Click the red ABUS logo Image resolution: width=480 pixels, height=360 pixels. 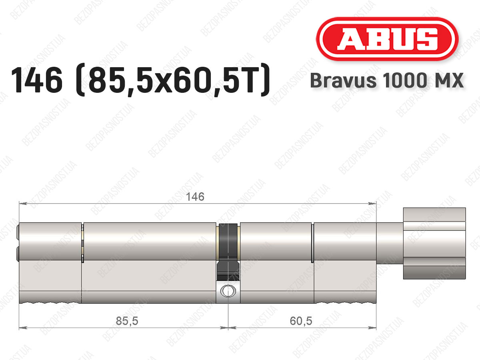pos(387,39)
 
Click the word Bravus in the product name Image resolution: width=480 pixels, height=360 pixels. pos(343,80)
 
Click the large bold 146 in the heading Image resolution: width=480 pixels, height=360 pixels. pos(36,80)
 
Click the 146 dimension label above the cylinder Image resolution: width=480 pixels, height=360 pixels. pos(195,196)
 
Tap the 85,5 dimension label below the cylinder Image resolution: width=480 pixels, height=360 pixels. pos(127,321)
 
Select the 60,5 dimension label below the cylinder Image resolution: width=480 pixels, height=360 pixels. pos(301,321)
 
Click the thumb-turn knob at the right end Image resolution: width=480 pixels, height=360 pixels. pos(434,243)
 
